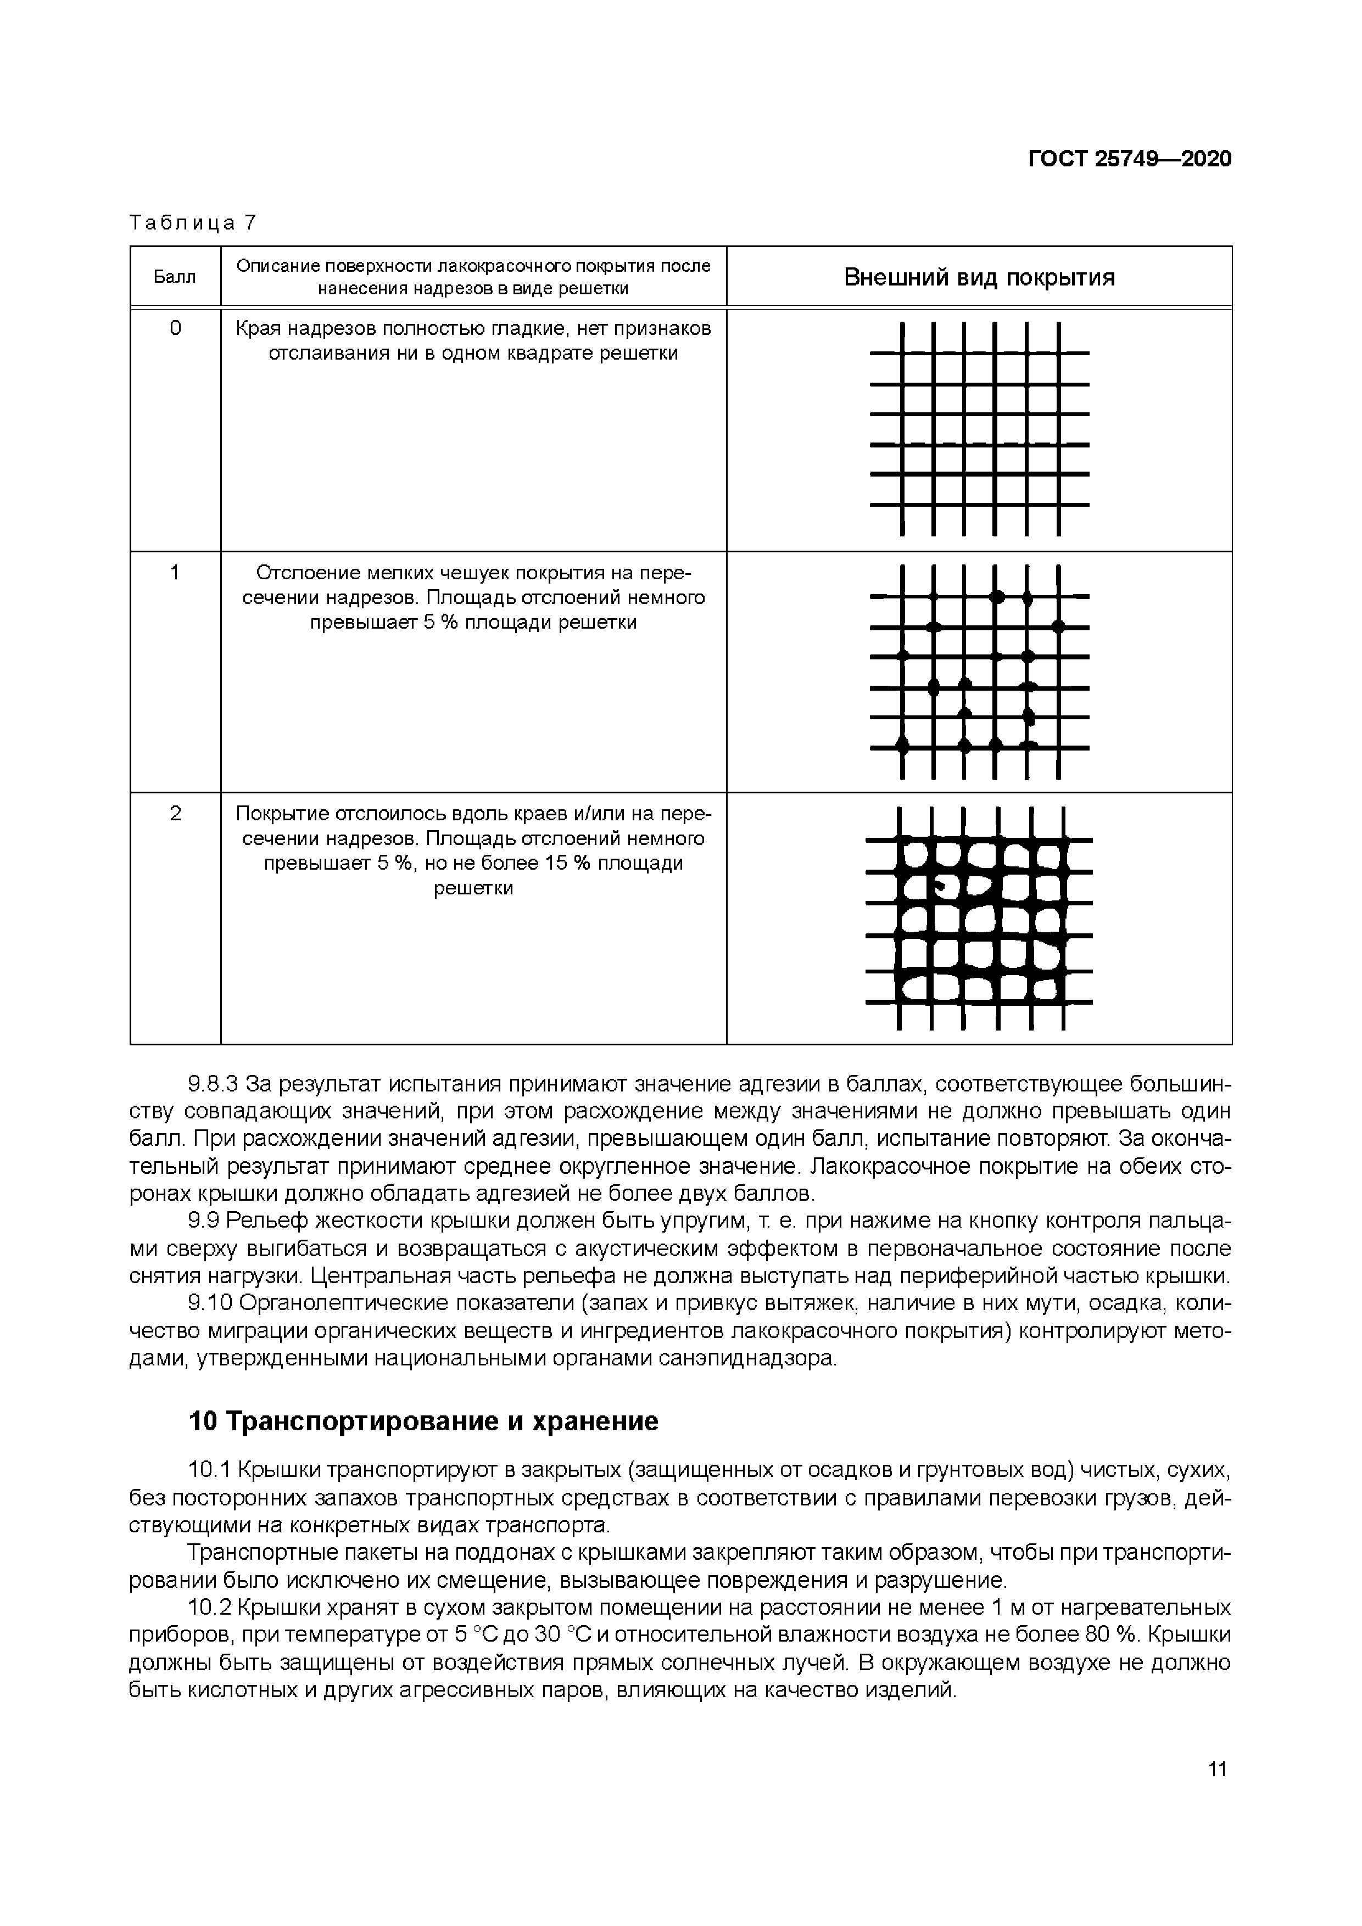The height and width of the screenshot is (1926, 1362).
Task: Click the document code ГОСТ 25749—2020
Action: pyautogui.click(x=1130, y=159)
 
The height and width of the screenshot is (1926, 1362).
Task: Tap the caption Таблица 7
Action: pyautogui.click(x=192, y=223)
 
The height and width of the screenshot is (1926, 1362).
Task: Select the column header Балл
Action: pyautogui.click(x=175, y=277)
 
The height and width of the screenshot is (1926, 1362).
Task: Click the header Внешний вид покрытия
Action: pyautogui.click(x=979, y=278)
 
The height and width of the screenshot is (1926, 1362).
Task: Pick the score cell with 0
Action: pyautogui.click(x=175, y=328)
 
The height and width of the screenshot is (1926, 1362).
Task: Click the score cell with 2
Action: pyautogui.click(x=175, y=813)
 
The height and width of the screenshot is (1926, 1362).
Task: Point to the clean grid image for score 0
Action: pyautogui.click(x=979, y=429)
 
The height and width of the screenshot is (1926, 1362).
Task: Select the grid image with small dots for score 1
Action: pyautogui.click(x=979, y=671)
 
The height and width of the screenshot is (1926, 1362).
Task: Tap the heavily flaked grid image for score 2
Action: pyautogui.click(x=979, y=919)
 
